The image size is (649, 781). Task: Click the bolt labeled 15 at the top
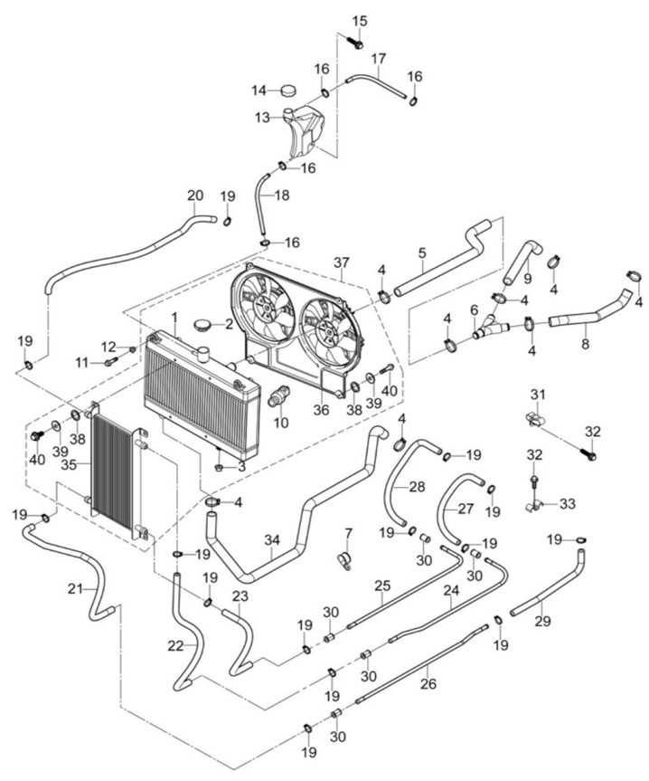355,42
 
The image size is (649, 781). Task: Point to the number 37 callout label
342,262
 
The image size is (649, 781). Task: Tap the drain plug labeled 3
220,467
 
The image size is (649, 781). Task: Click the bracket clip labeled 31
533,418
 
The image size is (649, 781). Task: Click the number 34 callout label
271,539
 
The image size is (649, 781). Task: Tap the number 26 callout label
428,684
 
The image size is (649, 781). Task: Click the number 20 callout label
195,195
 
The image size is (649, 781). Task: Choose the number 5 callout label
422,253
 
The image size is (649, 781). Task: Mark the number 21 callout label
76,589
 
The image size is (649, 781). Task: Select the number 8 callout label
586,344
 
